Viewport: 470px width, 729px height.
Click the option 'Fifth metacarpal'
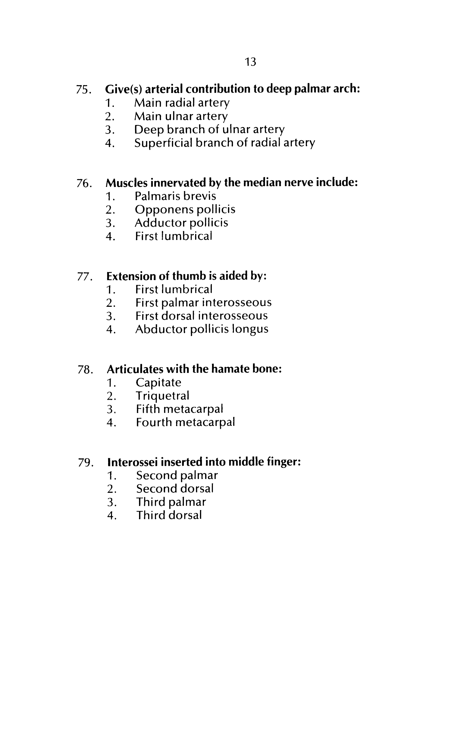click(x=179, y=409)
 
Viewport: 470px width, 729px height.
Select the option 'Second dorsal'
click(x=175, y=489)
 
